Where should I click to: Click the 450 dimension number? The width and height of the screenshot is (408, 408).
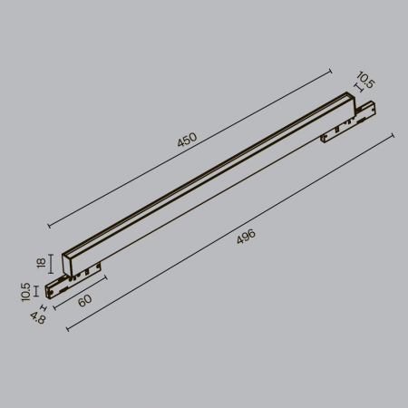click(x=187, y=140)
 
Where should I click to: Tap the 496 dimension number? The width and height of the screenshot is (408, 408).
click(x=246, y=237)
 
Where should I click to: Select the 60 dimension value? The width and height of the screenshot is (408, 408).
click(x=84, y=300)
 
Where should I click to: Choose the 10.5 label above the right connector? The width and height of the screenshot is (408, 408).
click(x=365, y=83)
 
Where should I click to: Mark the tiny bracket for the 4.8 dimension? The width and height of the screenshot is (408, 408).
click(x=44, y=307)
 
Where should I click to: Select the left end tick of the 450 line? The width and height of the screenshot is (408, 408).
click(x=48, y=223)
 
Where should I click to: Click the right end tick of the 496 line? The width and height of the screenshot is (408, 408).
click(x=393, y=134)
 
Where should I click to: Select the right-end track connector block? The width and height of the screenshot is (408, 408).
click(x=351, y=123)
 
